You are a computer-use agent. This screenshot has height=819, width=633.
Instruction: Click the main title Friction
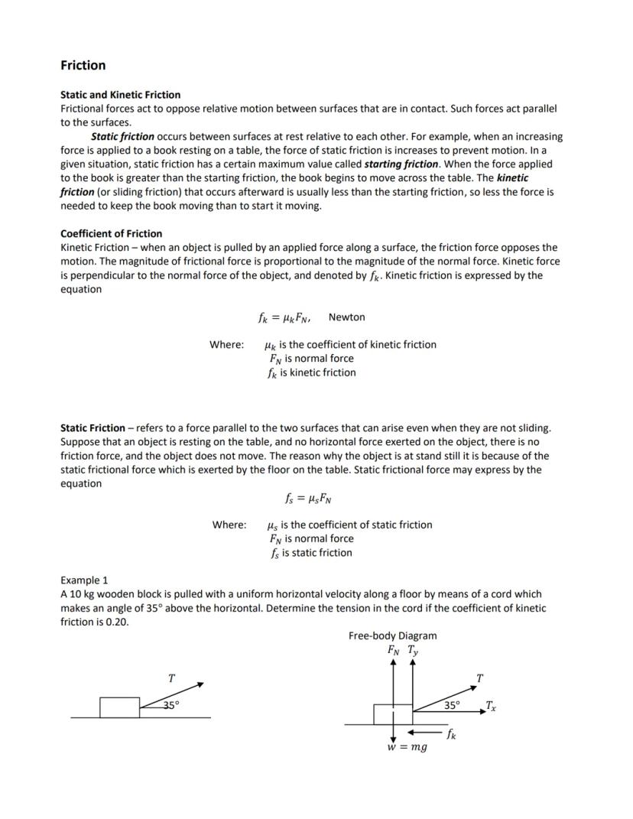[x=83, y=66]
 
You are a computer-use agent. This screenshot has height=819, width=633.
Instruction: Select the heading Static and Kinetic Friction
[x=120, y=95]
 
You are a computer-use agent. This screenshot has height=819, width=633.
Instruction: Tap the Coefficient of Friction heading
[x=111, y=233]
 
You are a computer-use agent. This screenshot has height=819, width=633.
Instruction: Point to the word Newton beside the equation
[x=346, y=317]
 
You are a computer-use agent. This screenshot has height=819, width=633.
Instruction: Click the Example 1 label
[x=84, y=580]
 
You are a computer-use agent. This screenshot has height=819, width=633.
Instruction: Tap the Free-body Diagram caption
[x=392, y=635]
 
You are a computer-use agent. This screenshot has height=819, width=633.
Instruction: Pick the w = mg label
[x=407, y=747]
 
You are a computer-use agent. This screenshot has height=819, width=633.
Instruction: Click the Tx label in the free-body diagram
[x=490, y=707]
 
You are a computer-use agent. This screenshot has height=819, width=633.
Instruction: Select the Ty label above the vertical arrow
[x=413, y=651]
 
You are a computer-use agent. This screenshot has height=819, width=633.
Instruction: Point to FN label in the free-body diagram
[x=394, y=651]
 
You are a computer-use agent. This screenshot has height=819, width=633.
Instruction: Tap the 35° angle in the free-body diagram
[x=453, y=705]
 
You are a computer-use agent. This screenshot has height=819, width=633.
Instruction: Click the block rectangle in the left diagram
[x=120, y=707]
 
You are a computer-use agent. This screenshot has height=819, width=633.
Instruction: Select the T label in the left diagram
[x=171, y=678]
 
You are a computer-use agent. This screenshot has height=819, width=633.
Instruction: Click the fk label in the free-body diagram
[x=453, y=735]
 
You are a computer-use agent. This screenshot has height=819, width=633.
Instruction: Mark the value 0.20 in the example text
[x=117, y=622]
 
